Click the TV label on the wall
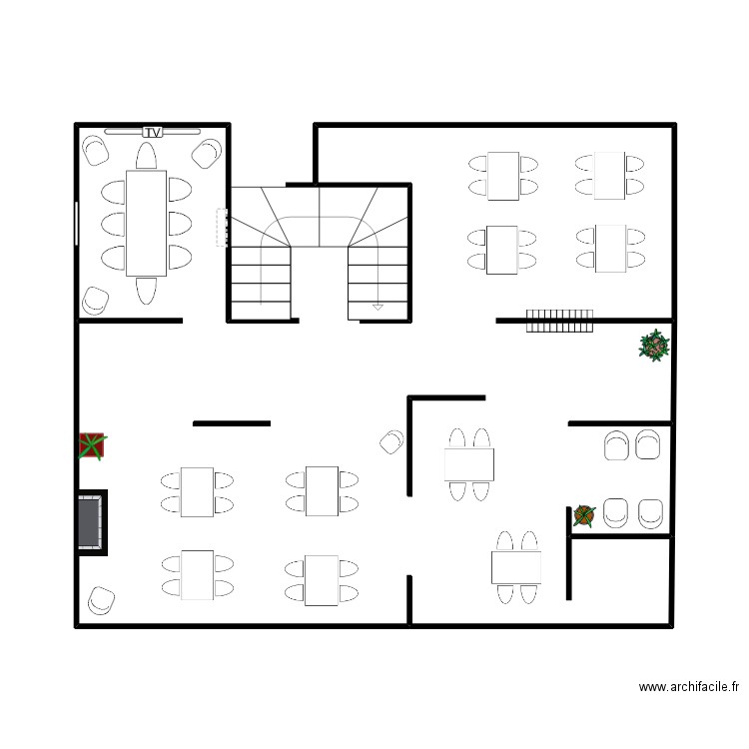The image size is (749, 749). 153,132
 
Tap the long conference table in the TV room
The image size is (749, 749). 146,223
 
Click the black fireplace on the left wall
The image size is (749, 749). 93,519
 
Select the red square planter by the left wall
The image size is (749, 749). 92,446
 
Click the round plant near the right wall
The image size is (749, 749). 654,347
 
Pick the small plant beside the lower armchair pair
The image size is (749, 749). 584,515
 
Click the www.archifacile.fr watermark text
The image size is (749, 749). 689,687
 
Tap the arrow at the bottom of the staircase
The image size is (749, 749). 377,306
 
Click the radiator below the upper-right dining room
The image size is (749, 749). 559,321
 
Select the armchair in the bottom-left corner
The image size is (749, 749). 101,599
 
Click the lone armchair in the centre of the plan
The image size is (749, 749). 391,440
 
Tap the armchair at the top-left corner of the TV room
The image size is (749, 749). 97,150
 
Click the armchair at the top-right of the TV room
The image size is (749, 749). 207,153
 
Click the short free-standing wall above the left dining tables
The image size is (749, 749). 232,423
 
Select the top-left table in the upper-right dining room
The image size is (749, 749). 502,175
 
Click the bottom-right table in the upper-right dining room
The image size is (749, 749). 609,249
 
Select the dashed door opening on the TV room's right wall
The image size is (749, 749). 219,227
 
